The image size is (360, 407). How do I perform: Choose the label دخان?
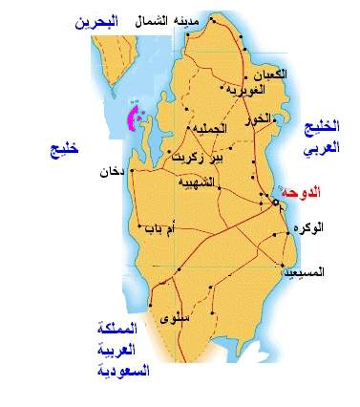(112, 173)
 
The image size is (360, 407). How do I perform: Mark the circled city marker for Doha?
(275, 203)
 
